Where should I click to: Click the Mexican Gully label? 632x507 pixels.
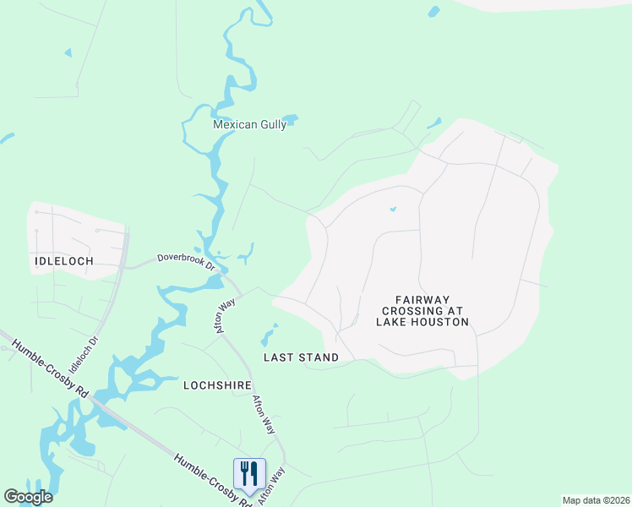[249, 124]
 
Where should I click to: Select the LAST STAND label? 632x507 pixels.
[301, 357]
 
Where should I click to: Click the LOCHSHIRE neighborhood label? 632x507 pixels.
[217, 384]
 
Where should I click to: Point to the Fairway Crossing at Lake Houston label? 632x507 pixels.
[422, 310]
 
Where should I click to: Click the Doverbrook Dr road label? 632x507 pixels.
[188, 261]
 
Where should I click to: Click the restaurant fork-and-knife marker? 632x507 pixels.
[248, 473]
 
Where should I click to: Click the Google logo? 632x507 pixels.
[28, 497]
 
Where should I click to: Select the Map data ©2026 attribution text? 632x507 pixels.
[596, 500]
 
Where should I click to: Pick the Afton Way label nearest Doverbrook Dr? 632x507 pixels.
[226, 314]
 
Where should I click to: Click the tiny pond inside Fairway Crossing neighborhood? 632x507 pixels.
[393, 209]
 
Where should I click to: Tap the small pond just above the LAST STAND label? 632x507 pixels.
[269, 335]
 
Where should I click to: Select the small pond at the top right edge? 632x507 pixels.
[433, 12]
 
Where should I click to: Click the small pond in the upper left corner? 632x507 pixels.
[68, 53]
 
